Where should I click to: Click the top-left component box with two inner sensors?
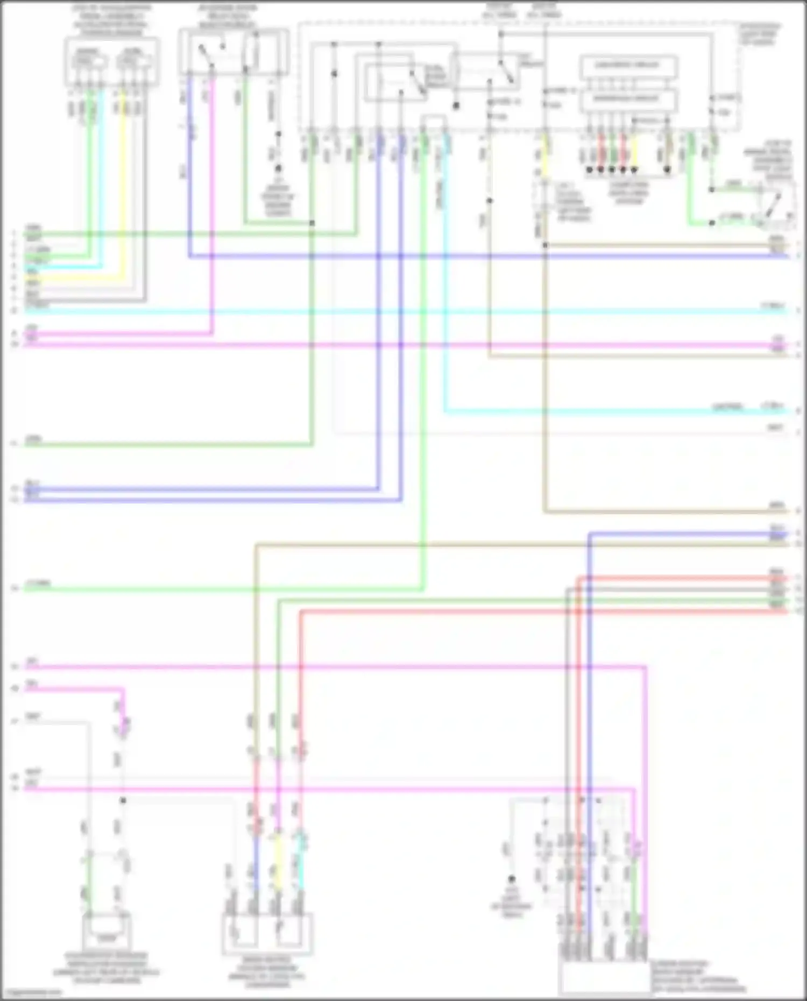(x=111, y=62)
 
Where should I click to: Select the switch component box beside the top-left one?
(x=233, y=52)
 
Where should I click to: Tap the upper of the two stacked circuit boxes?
(x=628, y=66)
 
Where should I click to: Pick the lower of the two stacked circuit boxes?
(x=628, y=100)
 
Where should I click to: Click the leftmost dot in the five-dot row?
(x=590, y=170)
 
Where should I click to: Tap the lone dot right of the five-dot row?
(x=667, y=170)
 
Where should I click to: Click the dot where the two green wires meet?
(x=312, y=223)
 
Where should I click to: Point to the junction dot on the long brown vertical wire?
(x=545, y=245)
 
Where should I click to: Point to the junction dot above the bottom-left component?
(x=123, y=800)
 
